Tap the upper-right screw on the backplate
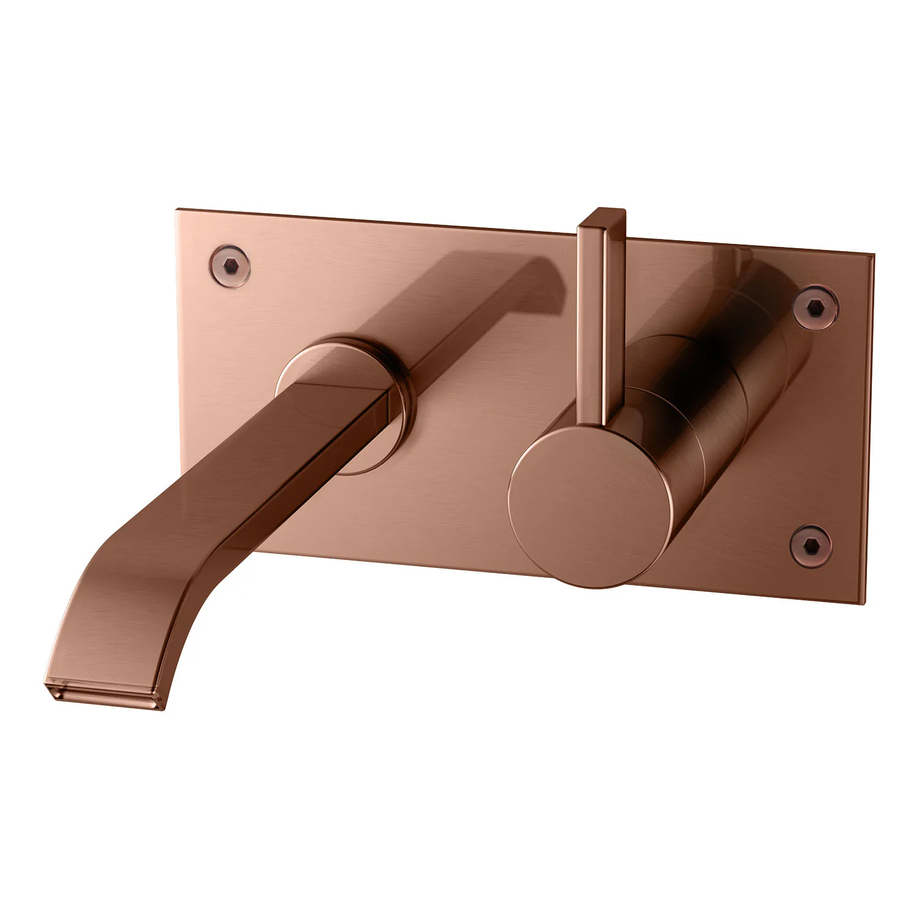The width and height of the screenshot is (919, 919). [815, 306]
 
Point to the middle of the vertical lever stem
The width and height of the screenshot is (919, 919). [601, 319]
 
